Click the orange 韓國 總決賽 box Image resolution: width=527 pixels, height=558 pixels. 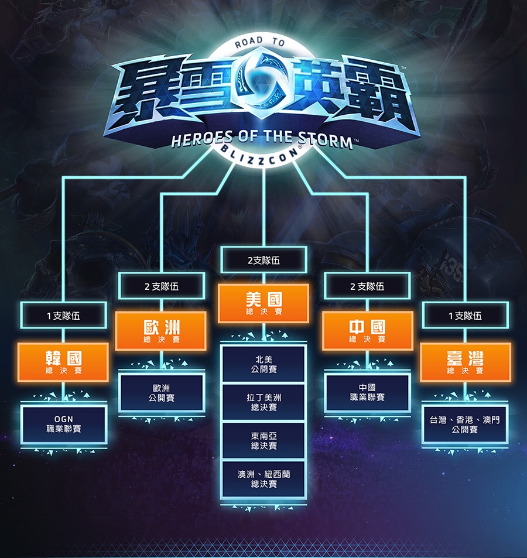pyautogui.click(x=63, y=362)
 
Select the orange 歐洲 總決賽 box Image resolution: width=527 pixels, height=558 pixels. pyautogui.click(x=161, y=331)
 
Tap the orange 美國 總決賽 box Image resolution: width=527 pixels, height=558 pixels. pyautogui.click(x=263, y=303)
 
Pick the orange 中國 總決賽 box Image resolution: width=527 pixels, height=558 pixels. pyautogui.click(x=367, y=331)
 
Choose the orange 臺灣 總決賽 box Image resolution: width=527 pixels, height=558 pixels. pyautogui.click(x=465, y=362)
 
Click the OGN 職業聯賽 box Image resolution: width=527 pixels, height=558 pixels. pyautogui.click(x=63, y=424)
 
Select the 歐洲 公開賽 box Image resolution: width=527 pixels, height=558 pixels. pyautogui.click(x=161, y=393)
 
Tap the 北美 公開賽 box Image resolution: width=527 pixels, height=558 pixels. pyautogui.click(x=263, y=364)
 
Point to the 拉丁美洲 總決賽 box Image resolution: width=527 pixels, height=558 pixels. pyautogui.click(x=263, y=402)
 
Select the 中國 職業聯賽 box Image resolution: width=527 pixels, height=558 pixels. pyautogui.click(x=367, y=392)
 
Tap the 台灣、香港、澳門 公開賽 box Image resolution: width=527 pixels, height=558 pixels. pyautogui.click(x=465, y=425)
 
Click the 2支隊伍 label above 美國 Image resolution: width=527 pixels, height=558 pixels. pyautogui.click(x=263, y=260)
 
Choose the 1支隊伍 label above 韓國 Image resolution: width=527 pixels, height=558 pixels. pyautogui.click(x=63, y=316)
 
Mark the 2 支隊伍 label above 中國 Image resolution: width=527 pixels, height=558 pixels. pyautogui.click(x=367, y=286)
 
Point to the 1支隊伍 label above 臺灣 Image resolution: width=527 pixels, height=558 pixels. pyautogui.click(x=465, y=316)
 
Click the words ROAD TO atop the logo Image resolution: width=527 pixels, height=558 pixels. pyautogui.click(x=259, y=43)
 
